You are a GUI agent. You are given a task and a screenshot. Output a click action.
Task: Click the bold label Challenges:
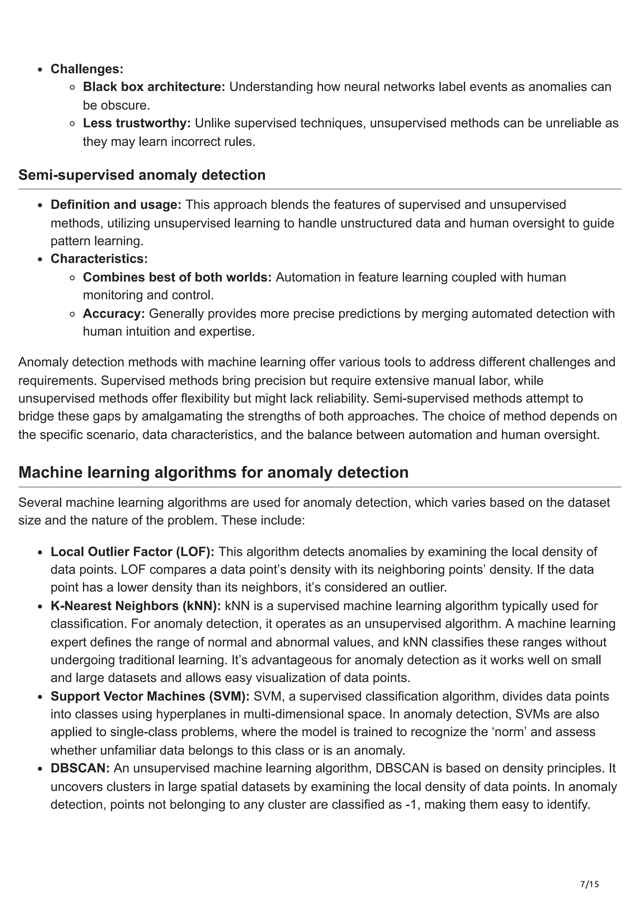(87, 69)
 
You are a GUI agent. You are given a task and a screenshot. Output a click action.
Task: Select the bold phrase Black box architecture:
(154, 87)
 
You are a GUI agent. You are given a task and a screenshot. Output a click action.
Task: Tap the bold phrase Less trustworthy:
(137, 123)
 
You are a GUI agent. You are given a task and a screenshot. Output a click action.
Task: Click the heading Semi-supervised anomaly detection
(142, 175)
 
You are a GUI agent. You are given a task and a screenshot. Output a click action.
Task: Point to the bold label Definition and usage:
(116, 204)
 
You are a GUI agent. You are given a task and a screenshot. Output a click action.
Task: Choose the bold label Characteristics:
(99, 259)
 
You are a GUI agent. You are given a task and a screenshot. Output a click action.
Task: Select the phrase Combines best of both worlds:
(177, 277)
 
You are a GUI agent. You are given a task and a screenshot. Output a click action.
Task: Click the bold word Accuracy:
(113, 313)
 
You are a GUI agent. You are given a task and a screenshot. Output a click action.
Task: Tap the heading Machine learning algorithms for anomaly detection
(213, 472)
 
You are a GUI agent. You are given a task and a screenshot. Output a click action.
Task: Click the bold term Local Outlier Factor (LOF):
(132, 552)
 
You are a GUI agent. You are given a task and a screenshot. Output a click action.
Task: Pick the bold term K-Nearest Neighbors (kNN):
(136, 606)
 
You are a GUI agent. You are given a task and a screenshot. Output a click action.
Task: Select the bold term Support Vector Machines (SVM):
(150, 696)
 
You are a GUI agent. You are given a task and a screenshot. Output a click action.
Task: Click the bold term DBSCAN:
(80, 768)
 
